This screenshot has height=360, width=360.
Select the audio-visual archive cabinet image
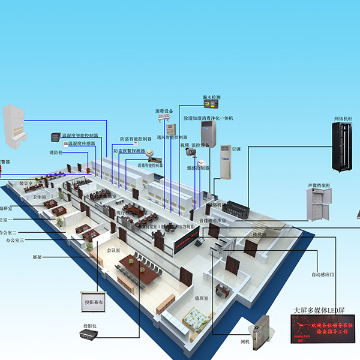click(x=320, y=204)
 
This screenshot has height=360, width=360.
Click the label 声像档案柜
click(x=320, y=178)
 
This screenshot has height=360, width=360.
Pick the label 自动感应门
click(x=323, y=275)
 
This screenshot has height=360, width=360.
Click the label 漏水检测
click(x=211, y=97)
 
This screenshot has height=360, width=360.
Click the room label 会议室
click(x=113, y=250)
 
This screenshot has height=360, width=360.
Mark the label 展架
click(x=37, y=257)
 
